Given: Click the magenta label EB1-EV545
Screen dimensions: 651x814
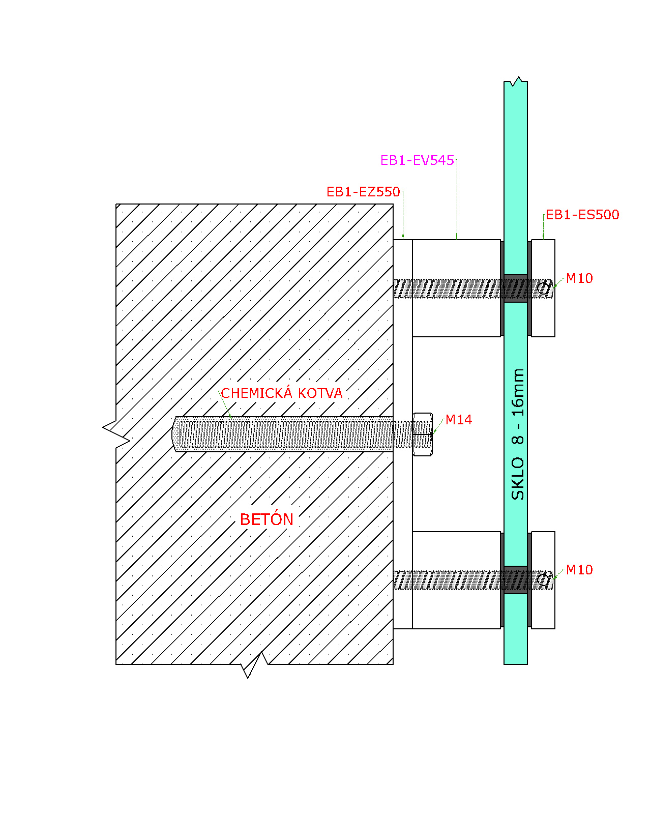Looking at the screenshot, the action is [417, 160].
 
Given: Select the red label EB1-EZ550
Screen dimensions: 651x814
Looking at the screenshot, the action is [363, 192].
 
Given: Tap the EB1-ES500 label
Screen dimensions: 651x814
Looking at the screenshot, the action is [582, 215].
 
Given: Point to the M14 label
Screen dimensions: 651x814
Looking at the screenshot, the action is [458, 420].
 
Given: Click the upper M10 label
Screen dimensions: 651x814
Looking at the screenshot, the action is [579, 278].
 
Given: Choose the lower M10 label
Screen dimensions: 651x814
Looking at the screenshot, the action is [579, 570].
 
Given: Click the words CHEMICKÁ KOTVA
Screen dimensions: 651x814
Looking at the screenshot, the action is [281, 393].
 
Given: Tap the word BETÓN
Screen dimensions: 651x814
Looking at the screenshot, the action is [267, 519].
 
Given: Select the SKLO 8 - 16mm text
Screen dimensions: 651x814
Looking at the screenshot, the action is [517, 434].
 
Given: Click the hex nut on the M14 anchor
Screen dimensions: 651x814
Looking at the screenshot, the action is [423, 434].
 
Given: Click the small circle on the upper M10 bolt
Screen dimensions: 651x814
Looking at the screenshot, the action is [543, 288].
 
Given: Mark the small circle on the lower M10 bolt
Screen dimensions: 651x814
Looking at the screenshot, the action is [543, 580].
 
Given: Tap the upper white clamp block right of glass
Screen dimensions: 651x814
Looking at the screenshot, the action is [543, 288].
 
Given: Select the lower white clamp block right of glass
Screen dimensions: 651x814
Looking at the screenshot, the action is [543, 580].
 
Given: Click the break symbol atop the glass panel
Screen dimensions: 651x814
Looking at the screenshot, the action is [516, 81].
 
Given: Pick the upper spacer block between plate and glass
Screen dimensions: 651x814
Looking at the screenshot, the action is [456, 288].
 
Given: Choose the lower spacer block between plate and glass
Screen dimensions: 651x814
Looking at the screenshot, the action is [456, 580].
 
